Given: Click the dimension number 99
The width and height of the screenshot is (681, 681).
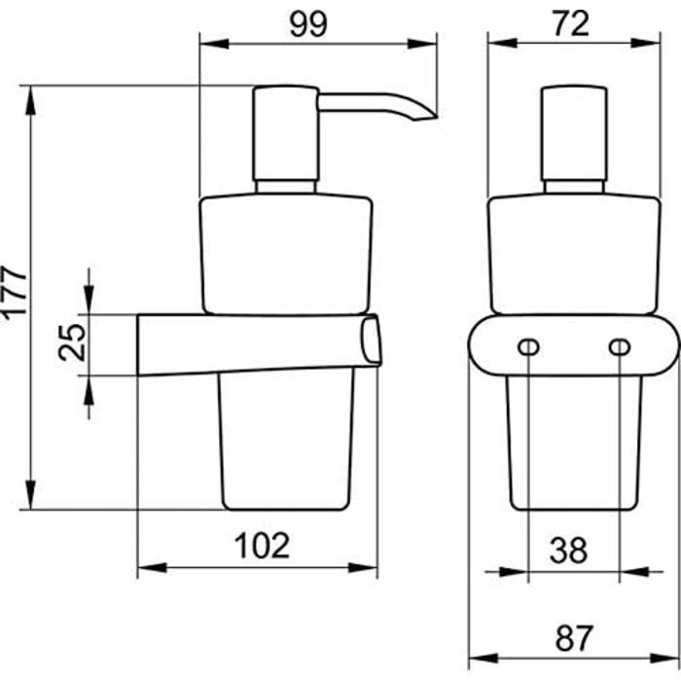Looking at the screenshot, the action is (x=308, y=24).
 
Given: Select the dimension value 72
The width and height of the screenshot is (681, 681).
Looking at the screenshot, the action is (x=571, y=24).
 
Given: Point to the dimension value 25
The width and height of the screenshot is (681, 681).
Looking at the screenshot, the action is (x=72, y=341).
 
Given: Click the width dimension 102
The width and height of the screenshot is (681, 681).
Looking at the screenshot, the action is (x=262, y=546).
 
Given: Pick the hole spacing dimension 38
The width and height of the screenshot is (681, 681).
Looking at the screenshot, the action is (x=568, y=550).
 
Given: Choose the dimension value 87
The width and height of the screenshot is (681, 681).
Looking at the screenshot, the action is (x=573, y=638).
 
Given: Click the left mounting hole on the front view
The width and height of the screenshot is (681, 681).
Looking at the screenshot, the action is (x=528, y=347).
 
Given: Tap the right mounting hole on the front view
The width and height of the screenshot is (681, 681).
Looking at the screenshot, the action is (x=620, y=347).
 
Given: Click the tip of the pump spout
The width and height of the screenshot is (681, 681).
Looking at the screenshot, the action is (x=436, y=118).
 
